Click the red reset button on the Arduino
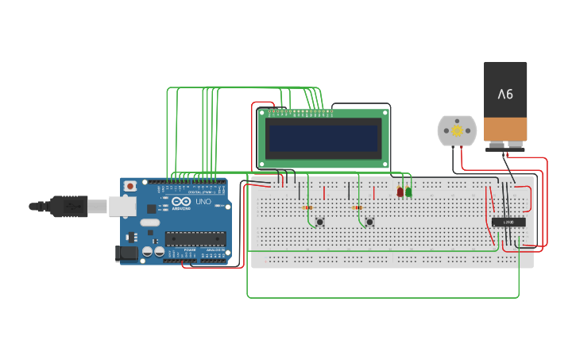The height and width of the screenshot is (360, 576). click(x=130, y=186)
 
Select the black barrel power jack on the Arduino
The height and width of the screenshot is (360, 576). click(x=126, y=254)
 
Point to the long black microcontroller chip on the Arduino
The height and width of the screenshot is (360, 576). click(x=195, y=238)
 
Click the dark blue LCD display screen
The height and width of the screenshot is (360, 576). click(x=323, y=138)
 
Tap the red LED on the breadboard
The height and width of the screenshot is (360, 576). click(x=400, y=192)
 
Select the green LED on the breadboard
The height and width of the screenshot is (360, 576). click(x=408, y=192)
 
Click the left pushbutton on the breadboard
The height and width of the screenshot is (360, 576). click(x=319, y=222)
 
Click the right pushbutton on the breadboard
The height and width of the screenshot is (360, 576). click(x=369, y=222)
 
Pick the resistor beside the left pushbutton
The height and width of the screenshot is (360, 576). click(x=307, y=208)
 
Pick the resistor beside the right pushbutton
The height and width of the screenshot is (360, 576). click(x=357, y=208)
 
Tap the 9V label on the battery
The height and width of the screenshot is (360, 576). click(x=505, y=94)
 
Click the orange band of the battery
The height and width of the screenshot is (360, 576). click(x=505, y=129)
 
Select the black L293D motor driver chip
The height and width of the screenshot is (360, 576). click(x=508, y=222)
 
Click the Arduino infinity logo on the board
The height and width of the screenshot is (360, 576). click(x=180, y=202)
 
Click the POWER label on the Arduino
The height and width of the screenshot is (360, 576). click(x=189, y=250)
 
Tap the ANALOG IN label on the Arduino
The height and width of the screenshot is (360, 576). click(x=215, y=250)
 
